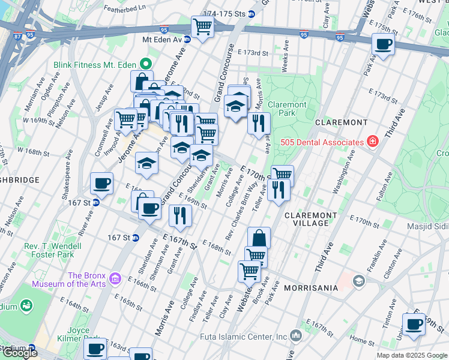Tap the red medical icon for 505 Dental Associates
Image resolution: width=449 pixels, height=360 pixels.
click(373, 142)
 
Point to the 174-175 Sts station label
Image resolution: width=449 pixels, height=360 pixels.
click(224, 13)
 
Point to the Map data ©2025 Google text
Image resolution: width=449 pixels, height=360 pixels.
click(412, 355)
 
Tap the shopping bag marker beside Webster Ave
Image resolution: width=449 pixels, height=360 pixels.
click(259, 238)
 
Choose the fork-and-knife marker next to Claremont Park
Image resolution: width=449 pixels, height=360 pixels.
click(259, 122)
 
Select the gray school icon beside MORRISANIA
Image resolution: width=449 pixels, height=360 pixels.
click(358, 281)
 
